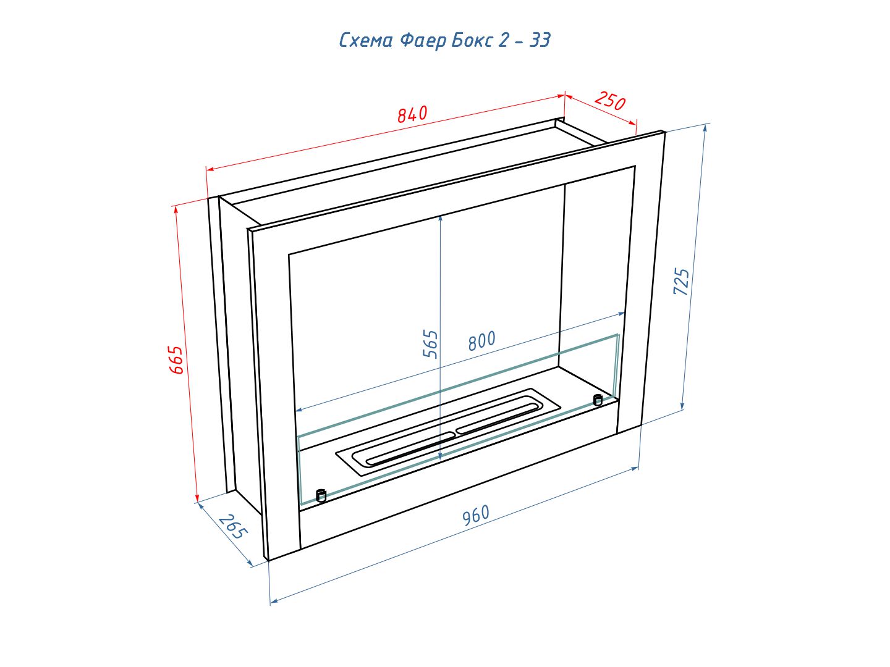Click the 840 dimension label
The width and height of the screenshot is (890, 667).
click(412, 114)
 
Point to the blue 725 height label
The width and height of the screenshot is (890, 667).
click(681, 281)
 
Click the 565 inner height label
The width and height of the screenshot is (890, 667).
click(430, 344)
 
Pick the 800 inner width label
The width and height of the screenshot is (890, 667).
click(481, 340)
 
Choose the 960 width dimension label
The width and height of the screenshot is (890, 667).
click(476, 515)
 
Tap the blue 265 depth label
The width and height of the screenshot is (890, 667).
click(233, 526)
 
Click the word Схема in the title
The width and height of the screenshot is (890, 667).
click(366, 41)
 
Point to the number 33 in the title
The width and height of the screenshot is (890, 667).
click(540, 40)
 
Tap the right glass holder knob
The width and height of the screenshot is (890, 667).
click(598, 400)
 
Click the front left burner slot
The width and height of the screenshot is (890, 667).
click(410, 448)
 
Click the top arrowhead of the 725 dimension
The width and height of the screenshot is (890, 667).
click(706, 128)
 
